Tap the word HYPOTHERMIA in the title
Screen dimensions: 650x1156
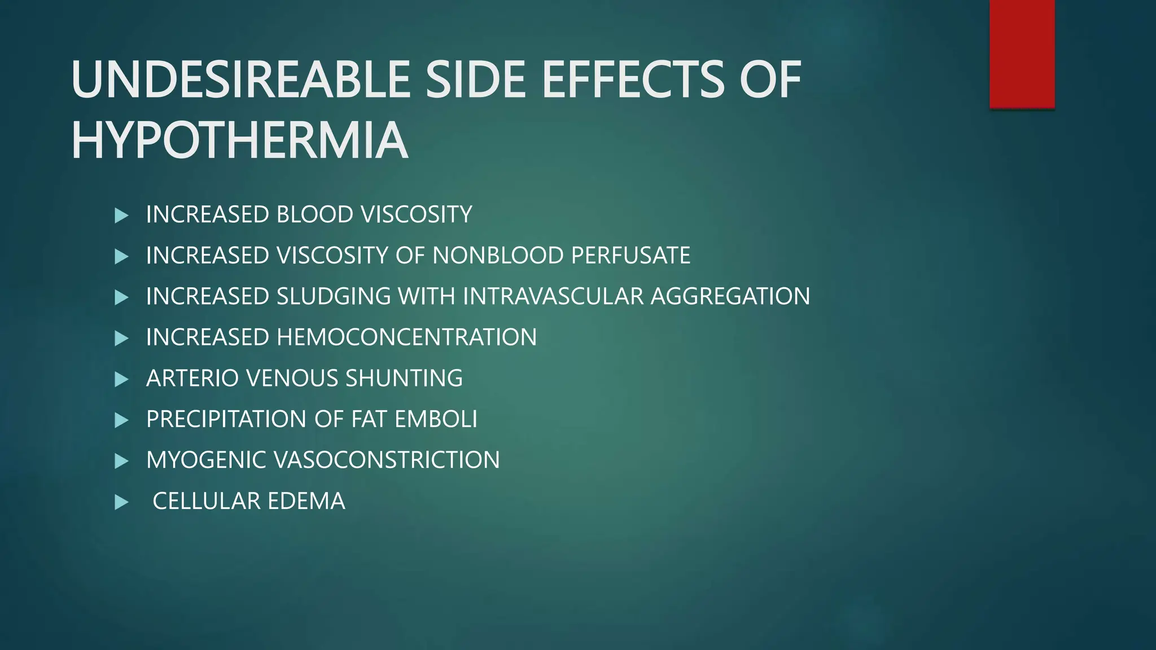click(239, 140)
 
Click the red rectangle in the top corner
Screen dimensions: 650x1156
click(1022, 54)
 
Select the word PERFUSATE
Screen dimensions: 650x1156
click(630, 256)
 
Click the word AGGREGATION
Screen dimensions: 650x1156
click(730, 297)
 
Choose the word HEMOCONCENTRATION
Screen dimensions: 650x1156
click(406, 337)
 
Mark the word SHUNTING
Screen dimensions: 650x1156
click(404, 379)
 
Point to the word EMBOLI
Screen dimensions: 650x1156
click(436, 419)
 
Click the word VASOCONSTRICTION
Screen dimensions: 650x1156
click(387, 460)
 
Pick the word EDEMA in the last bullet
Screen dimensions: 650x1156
click(306, 501)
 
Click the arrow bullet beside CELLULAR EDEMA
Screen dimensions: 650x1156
click(121, 502)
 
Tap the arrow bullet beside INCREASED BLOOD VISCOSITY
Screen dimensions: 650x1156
click(121, 216)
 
